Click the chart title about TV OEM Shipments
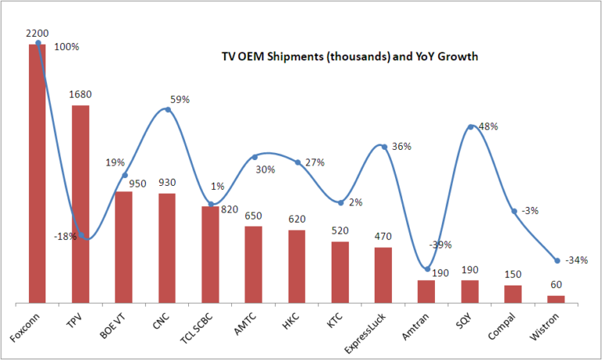[349, 56]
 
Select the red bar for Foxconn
[38, 173]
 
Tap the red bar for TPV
[81, 204]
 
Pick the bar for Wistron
[556, 299]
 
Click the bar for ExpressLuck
[383, 275]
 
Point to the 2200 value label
[37, 34]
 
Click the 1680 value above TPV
[80, 95]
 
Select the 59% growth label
[180, 100]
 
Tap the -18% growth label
[65, 236]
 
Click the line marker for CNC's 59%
[168, 110]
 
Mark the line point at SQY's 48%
[470, 126]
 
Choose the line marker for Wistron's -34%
[557, 260]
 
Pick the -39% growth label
[441, 245]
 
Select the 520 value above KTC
[339, 231]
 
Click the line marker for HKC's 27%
[298, 162]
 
